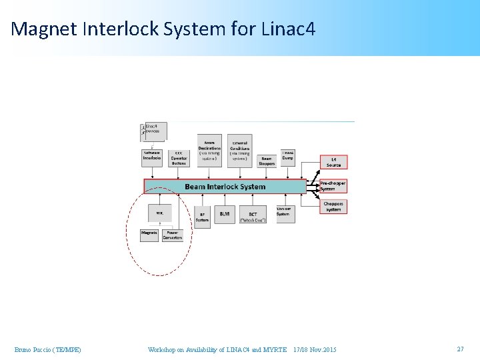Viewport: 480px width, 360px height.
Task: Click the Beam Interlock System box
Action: (x=225, y=187)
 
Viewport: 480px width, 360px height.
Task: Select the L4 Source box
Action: (x=333, y=162)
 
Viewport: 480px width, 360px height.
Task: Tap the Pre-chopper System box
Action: (x=333, y=186)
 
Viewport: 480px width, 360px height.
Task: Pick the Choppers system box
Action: (x=333, y=207)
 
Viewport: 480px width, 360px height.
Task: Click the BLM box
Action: (x=224, y=214)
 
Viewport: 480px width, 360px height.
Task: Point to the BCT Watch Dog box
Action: (x=253, y=214)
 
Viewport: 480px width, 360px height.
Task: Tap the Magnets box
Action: (x=149, y=235)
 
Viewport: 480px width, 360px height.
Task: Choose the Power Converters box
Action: (x=172, y=235)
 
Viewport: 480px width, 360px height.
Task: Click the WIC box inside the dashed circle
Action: (x=160, y=213)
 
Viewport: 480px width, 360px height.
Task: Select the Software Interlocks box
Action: (x=152, y=156)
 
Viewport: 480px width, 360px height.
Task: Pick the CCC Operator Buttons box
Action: (x=179, y=157)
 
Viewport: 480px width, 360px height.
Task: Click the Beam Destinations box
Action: (x=209, y=151)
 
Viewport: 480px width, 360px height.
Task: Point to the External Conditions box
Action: (x=240, y=151)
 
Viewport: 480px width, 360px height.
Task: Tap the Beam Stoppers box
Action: (x=267, y=161)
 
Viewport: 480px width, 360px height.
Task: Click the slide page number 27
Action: (x=460, y=349)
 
